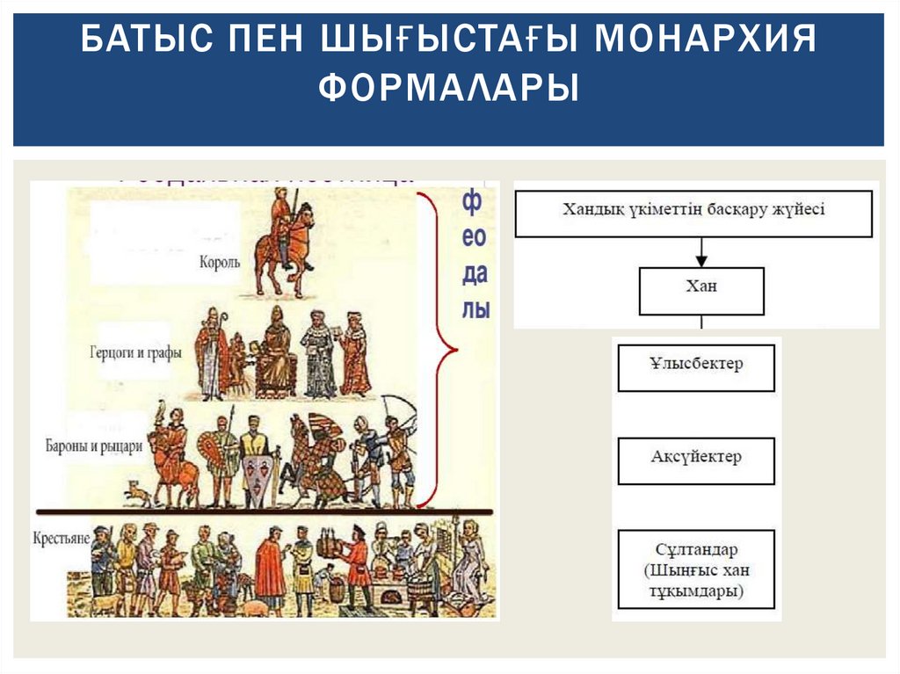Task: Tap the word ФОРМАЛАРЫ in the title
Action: pos(449,89)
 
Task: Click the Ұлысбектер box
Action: pos(697,367)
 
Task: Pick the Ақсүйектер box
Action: pos(697,460)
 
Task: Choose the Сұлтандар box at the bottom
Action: pos(697,569)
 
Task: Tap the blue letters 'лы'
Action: pos(475,309)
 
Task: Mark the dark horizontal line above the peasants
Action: pos(264,511)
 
